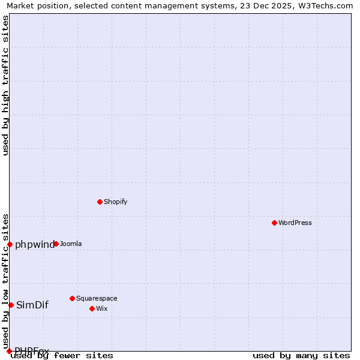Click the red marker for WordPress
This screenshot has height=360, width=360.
tap(274, 223)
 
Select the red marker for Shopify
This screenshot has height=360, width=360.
tap(100, 202)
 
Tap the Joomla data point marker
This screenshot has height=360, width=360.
tap(56, 244)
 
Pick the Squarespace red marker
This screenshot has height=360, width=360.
tap(72, 298)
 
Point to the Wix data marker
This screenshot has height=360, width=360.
tap(92, 308)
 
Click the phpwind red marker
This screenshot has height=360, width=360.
tap(10, 244)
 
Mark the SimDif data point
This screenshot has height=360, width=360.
tap(11, 305)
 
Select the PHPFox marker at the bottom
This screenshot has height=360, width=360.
tap(9, 351)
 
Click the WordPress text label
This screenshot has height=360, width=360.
tap(295, 223)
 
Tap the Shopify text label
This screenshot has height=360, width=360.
tap(115, 202)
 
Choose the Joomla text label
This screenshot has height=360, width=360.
tap(71, 244)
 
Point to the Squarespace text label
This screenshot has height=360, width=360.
tap(97, 298)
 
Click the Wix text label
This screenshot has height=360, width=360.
tap(101, 308)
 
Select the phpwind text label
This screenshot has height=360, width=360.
tap(34, 244)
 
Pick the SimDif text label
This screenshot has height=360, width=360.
tap(32, 305)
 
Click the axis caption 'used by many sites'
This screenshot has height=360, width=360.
tap(301, 355)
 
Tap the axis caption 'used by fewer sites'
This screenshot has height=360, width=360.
tap(62, 355)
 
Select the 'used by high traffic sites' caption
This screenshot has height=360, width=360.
tap(5, 85)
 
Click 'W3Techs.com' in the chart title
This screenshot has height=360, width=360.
tap(328, 5)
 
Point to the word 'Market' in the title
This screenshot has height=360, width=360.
tap(20, 5)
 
